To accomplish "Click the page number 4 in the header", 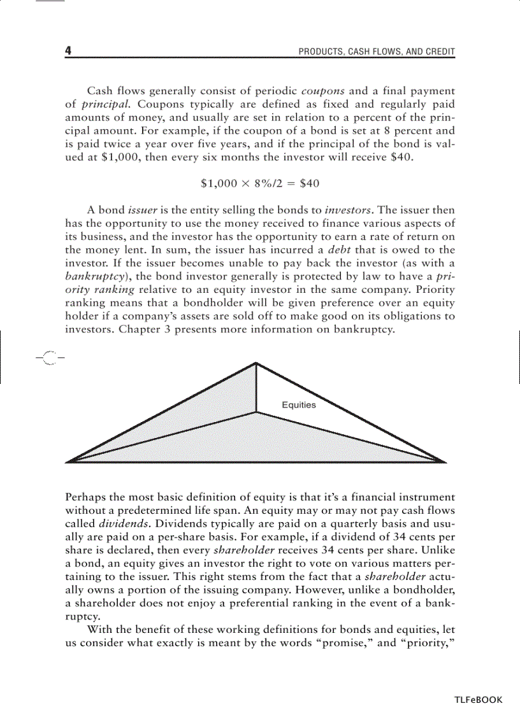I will [69, 51].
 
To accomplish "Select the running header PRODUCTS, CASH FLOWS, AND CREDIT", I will [377, 52].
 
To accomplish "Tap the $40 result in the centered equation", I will [308, 183].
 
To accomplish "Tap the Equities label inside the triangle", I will [298, 405].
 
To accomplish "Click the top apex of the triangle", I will [256, 364].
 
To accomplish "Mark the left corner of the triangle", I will [68, 461].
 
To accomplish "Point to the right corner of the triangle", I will [445, 461].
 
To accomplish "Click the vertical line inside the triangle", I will [256, 388].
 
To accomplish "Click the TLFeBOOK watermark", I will [478, 699].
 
